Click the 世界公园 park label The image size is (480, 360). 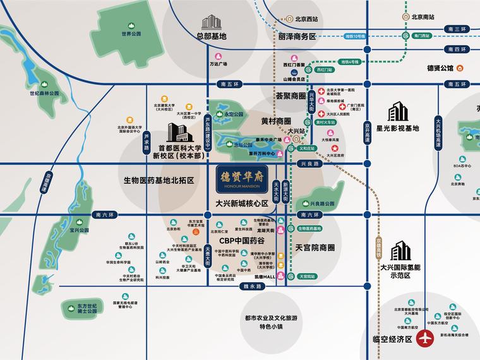pos(131,33)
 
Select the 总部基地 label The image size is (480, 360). pos(210,37)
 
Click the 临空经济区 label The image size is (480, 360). pos(388,339)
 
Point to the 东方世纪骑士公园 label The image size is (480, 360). pos(85,311)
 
